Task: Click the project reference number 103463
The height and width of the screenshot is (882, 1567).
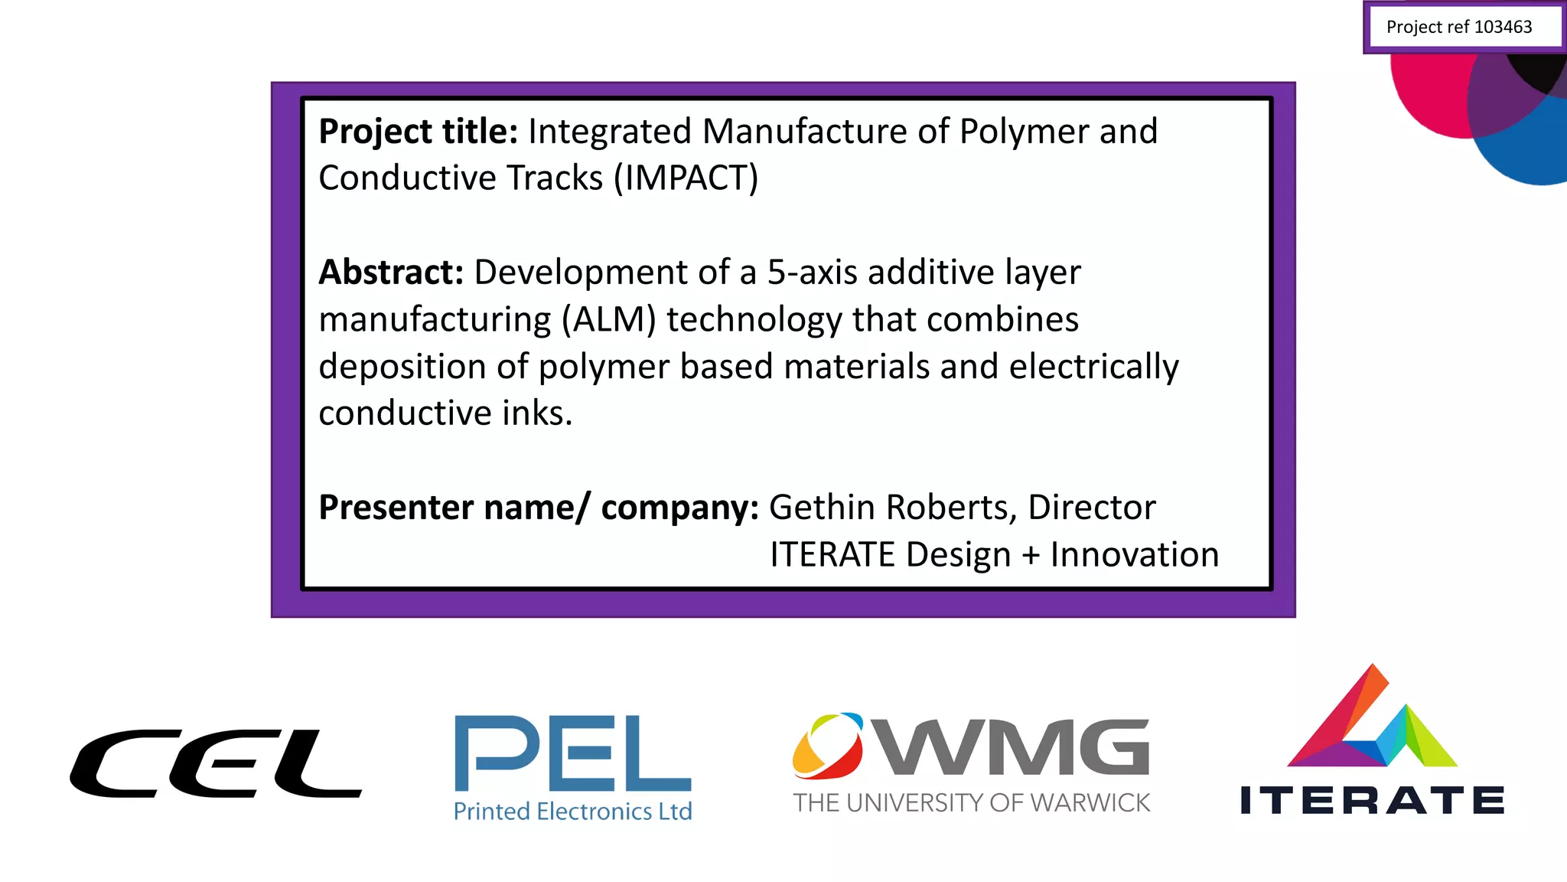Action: point(1503,28)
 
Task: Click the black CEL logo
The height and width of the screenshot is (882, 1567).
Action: point(215,763)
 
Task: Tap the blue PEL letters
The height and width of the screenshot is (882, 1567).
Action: point(572,753)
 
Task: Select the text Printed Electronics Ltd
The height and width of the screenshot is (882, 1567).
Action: point(572,811)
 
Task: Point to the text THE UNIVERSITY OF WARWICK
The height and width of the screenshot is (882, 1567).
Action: point(971,802)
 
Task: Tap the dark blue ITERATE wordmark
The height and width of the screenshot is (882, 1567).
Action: point(1372,800)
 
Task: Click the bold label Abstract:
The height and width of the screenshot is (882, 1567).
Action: point(391,273)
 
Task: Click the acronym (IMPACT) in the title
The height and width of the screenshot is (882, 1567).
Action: point(686,178)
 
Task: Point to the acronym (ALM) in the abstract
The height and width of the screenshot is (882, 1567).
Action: point(609,320)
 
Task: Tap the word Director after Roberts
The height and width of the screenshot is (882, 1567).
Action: point(1091,508)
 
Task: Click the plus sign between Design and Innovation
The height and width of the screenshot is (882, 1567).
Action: point(1031,555)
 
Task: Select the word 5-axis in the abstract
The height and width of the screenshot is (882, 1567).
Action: point(812,273)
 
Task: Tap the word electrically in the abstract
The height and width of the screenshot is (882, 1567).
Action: point(1093,367)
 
